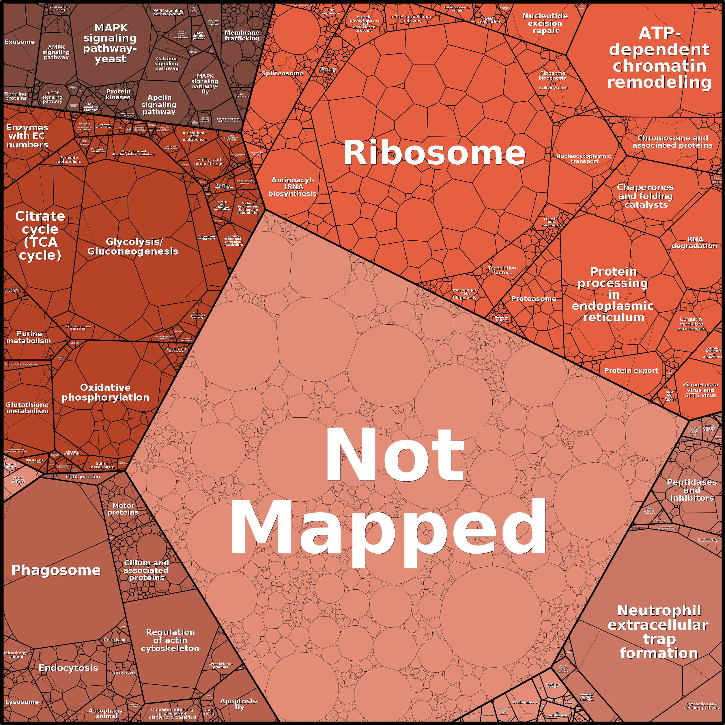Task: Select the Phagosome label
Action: pyautogui.click(x=56, y=570)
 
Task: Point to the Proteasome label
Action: pyautogui.click(x=533, y=299)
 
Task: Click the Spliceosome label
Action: pyautogui.click(x=283, y=73)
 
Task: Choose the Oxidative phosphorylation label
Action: pyautogui.click(x=105, y=392)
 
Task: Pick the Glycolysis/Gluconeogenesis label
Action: pyautogui.click(x=133, y=246)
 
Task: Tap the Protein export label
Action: pyautogui.click(x=631, y=370)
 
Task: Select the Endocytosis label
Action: pyautogui.click(x=68, y=668)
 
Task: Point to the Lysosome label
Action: pyautogui.click(x=22, y=702)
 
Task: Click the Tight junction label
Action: pyautogui.click(x=83, y=477)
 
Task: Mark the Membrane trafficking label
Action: pyautogui.click(x=242, y=36)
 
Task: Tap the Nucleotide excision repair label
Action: pyautogui.click(x=545, y=23)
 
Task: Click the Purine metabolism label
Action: pyautogui.click(x=29, y=337)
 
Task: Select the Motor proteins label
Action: pyautogui.click(x=123, y=509)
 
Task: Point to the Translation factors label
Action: pyautogui.click(x=502, y=270)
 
